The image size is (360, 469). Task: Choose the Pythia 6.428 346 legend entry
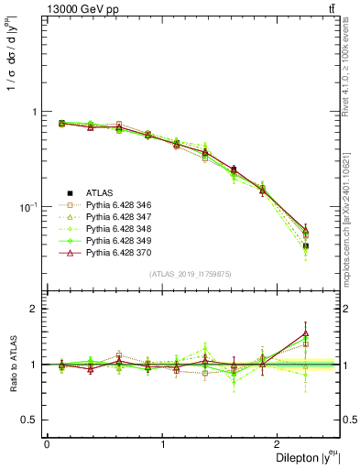(119, 205)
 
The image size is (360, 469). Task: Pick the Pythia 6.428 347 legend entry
(119, 217)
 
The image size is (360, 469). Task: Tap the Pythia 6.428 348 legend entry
(119, 229)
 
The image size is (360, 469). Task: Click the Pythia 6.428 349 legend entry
(119, 241)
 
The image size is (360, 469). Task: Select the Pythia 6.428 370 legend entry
(119, 253)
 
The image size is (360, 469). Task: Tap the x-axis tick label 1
(163, 443)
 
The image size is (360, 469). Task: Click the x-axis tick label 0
(47, 443)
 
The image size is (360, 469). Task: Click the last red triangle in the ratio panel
(305, 334)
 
